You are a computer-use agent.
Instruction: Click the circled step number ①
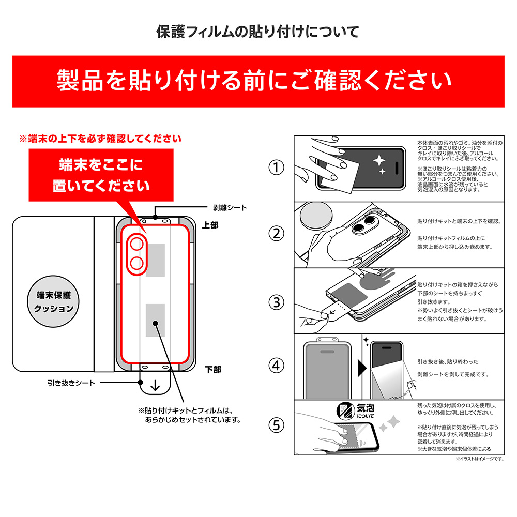click(x=276, y=168)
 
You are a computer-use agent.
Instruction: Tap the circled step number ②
click(x=276, y=234)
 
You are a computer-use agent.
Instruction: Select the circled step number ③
click(x=276, y=302)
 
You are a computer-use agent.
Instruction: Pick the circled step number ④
click(x=276, y=366)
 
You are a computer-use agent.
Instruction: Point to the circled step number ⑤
click(x=276, y=425)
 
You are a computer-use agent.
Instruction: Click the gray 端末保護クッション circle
click(x=53, y=301)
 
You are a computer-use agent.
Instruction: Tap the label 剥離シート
click(x=230, y=208)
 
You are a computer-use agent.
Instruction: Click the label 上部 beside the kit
click(x=210, y=225)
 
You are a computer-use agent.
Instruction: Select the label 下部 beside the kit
click(x=213, y=370)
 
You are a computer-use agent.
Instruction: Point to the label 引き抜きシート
click(x=71, y=383)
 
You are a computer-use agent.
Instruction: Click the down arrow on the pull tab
click(x=155, y=385)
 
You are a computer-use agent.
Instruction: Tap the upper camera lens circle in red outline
click(x=137, y=245)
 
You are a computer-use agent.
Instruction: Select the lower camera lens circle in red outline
click(x=137, y=264)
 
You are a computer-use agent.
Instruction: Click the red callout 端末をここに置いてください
click(x=101, y=175)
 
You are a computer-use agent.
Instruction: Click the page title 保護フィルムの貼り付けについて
click(x=257, y=32)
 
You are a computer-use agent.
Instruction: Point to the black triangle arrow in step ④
click(x=362, y=368)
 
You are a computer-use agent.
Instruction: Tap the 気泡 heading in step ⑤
click(x=366, y=408)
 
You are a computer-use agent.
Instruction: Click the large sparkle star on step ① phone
click(x=379, y=160)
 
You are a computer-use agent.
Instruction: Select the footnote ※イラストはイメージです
click(x=480, y=459)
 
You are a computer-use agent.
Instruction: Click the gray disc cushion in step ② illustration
click(x=316, y=215)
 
